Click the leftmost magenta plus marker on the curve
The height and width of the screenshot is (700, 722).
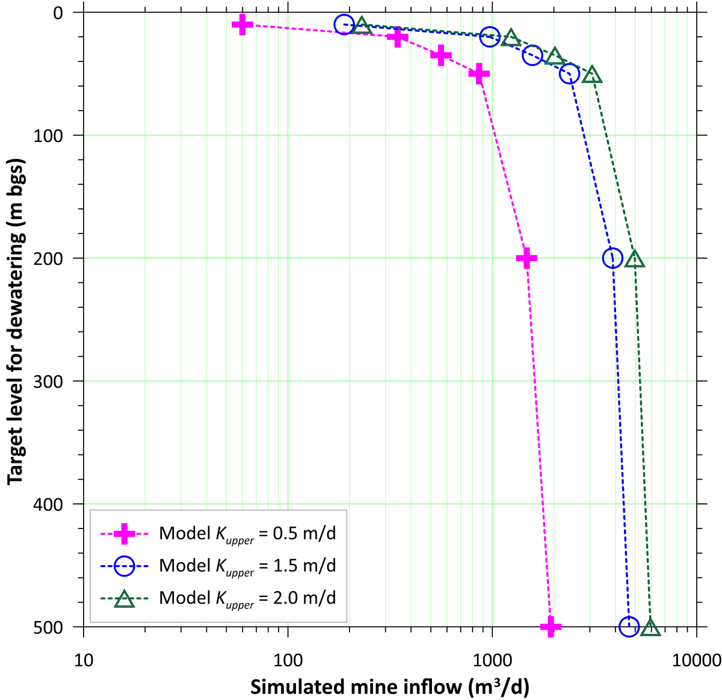point(242,25)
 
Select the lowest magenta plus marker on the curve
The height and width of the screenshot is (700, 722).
point(551,627)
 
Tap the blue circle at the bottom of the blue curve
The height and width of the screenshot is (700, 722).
point(629,627)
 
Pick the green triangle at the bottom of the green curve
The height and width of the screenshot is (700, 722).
point(650,628)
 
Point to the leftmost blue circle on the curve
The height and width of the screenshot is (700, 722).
point(344,25)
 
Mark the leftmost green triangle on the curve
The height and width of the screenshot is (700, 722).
point(362,25)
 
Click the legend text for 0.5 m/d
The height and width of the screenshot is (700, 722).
point(247,534)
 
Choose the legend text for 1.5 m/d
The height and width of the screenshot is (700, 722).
point(247,566)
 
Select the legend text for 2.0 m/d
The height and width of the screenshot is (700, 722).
point(247,598)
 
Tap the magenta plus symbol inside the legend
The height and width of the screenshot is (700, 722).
point(124,533)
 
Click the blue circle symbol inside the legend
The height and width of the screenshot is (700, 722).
point(124,566)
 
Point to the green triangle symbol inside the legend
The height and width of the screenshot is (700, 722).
point(124,599)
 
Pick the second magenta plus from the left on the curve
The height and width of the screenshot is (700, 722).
point(397,38)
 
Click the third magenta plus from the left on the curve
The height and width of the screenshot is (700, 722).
point(441,55)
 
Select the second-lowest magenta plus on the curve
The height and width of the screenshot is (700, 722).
point(527,258)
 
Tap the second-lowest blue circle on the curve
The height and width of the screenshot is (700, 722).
point(612,258)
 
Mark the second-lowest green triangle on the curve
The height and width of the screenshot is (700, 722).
point(635,259)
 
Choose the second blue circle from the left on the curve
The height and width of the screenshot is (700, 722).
point(490,37)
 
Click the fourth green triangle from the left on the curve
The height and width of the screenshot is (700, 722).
point(592,75)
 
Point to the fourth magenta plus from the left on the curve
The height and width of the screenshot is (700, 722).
point(479,74)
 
